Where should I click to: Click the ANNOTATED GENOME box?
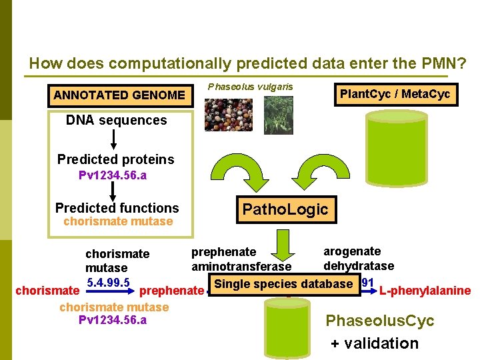[x=119, y=95]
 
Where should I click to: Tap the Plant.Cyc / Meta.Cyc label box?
[x=395, y=94]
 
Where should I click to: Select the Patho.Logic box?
[x=285, y=209]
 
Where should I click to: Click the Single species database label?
[x=283, y=284]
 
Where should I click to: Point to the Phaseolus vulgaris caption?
[x=250, y=87]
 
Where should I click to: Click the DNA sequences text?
[x=116, y=121]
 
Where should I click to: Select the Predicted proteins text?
[x=115, y=159]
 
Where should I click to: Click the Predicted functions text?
[x=117, y=208]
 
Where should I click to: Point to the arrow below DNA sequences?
[x=114, y=139]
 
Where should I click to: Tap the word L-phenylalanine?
[x=425, y=291]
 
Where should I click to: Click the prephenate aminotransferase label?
[x=232, y=259]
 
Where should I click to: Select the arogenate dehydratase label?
[x=358, y=259]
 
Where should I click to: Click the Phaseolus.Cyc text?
[x=379, y=321]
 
